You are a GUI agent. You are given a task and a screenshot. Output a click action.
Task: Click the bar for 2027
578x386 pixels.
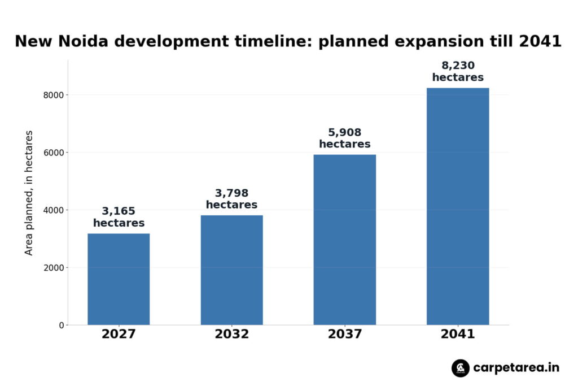(x=119, y=279)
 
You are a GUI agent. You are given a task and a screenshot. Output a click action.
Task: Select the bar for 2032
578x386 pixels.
(x=232, y=270)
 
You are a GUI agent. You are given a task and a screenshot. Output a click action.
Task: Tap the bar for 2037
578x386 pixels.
(x=345, y=240)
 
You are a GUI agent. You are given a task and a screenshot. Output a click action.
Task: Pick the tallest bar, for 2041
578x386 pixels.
(x=458, y=206)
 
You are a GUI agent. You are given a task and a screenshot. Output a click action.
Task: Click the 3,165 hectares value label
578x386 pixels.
(x=119, y=217)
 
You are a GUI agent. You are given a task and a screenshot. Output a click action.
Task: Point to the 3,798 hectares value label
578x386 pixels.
(x=231, y=199)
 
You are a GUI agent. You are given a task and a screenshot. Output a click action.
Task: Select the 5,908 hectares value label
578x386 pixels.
(x=345, y=138)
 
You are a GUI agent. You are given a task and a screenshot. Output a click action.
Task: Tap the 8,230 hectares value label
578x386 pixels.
(x=458, y=71)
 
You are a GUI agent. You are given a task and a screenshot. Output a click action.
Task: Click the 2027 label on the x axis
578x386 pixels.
(x=119, y=334)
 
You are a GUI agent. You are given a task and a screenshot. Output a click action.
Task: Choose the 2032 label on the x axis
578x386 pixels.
(x=232, y=334)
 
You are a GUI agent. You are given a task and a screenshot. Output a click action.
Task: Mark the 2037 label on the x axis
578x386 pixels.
(x=345, y=334)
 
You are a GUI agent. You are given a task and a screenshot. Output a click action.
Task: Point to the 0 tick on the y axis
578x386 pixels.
(x=62, y=326)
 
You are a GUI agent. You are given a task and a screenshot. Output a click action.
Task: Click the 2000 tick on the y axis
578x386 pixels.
(x=54, y=268)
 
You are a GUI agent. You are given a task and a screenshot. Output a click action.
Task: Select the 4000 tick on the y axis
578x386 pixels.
(x=54, y=210)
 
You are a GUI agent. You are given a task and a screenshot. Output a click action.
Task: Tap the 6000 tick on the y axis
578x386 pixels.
(x=54, y=153)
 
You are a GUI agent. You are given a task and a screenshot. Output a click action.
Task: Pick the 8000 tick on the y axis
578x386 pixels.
(x=54, y=95)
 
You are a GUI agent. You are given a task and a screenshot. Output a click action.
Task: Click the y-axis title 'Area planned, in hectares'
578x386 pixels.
(x=29, y=193)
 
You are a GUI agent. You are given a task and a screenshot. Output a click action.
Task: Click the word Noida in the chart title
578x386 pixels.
(x=83, y=41)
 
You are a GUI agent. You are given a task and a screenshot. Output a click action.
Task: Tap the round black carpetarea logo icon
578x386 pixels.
(x=461, y=368)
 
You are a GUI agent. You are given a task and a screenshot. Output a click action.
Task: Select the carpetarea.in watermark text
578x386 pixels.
(x=516, y=368)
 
